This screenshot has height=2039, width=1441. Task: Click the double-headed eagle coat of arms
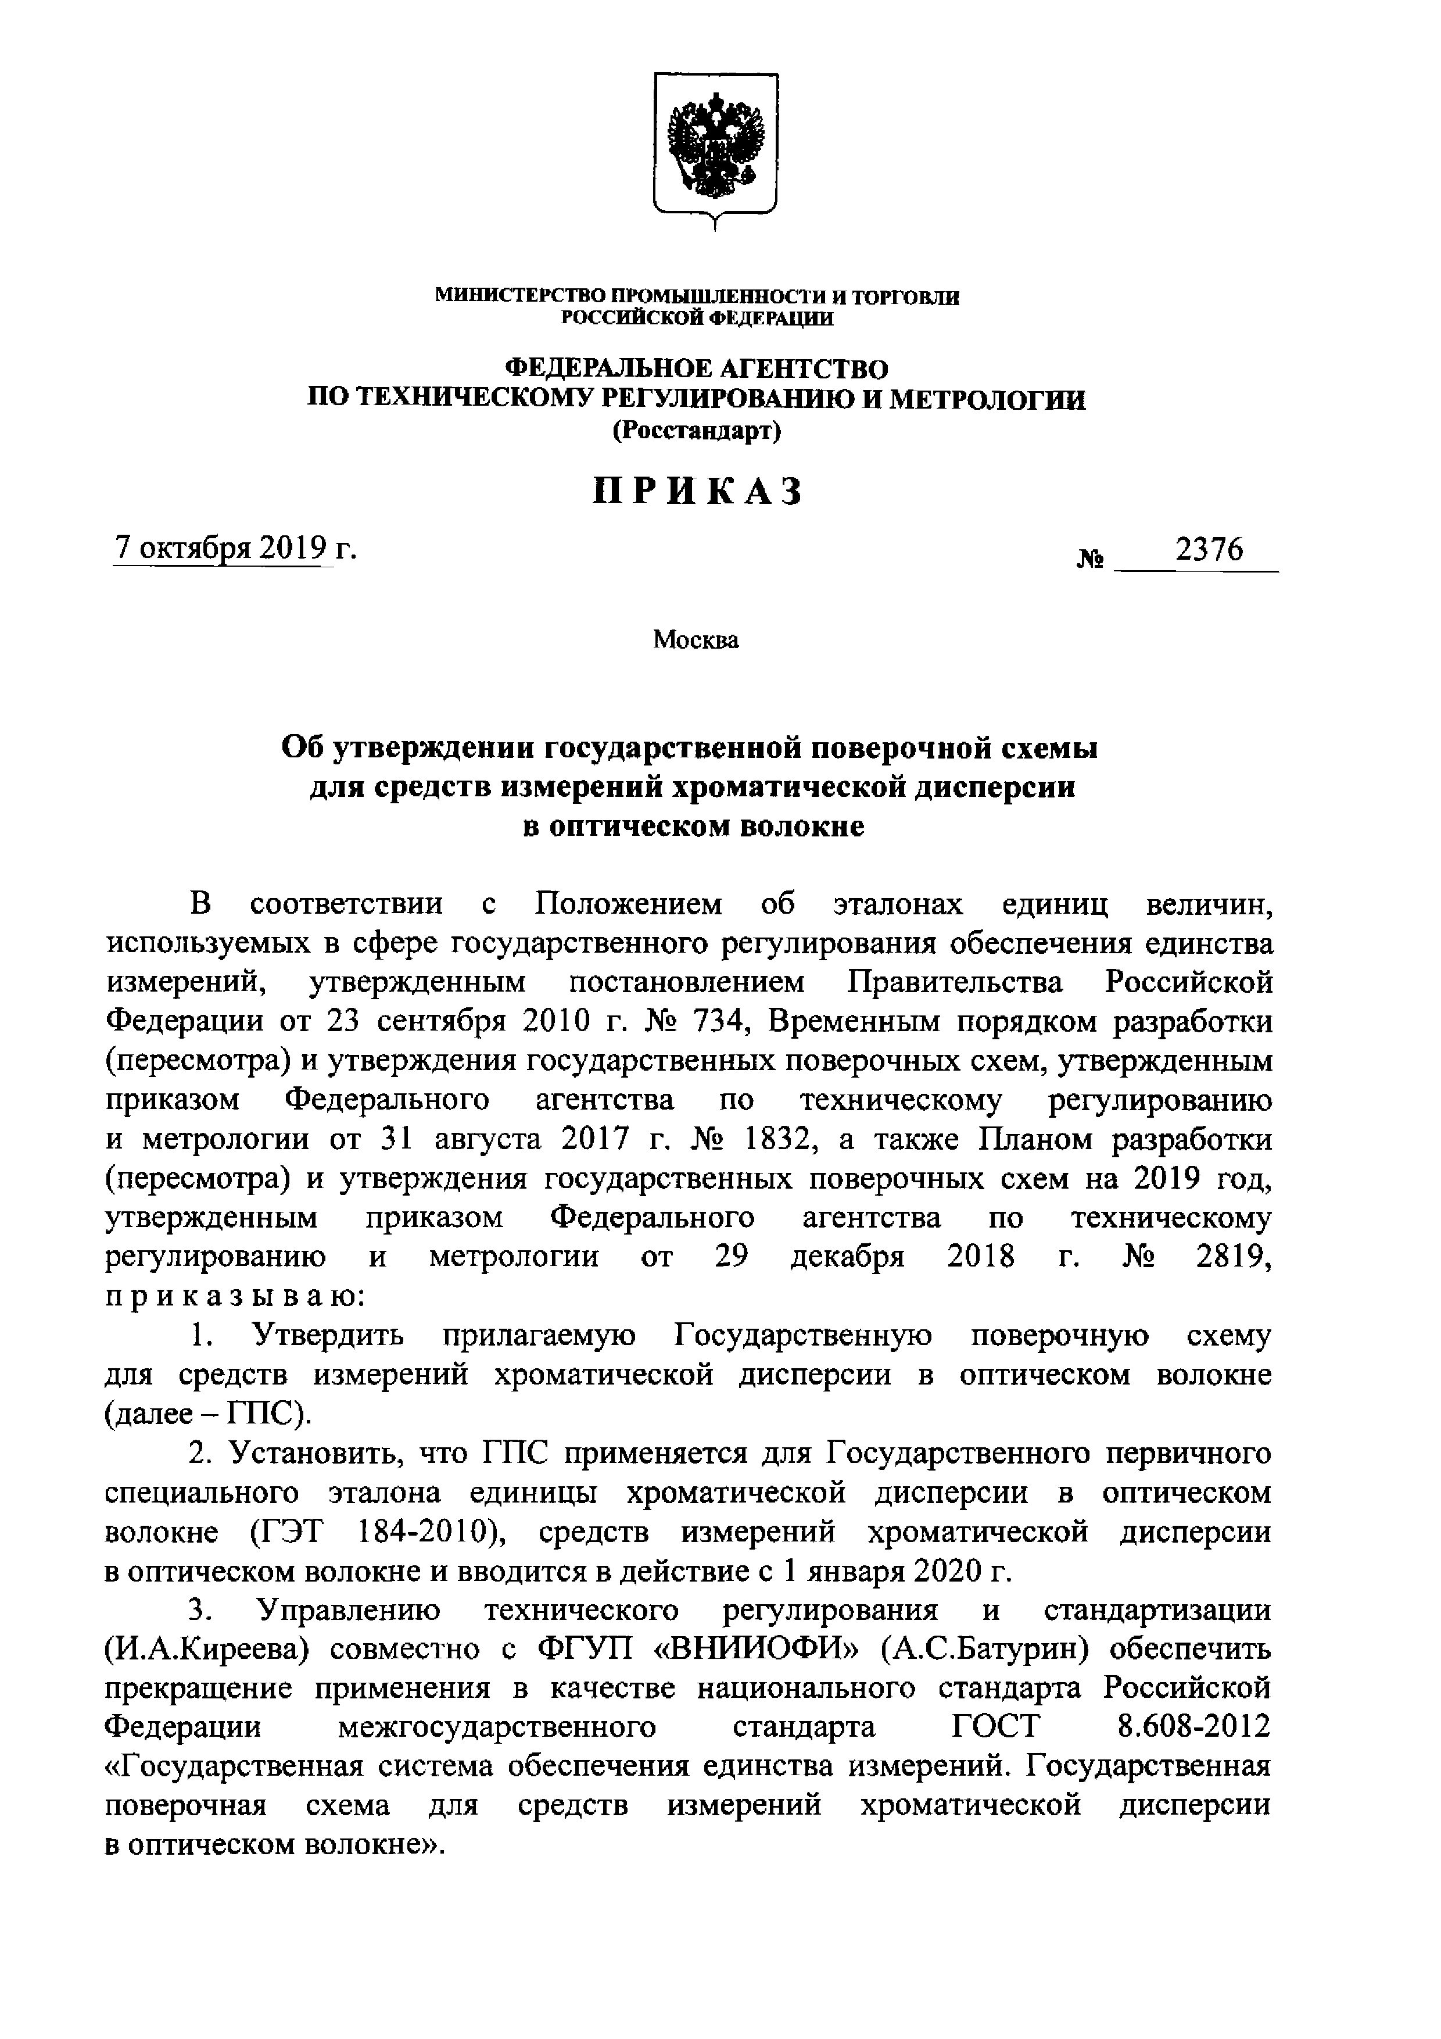(x=716, y=146)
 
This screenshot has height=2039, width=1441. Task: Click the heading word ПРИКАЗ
(x=698, y=491)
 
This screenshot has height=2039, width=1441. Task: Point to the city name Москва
(x=696, y=639)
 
